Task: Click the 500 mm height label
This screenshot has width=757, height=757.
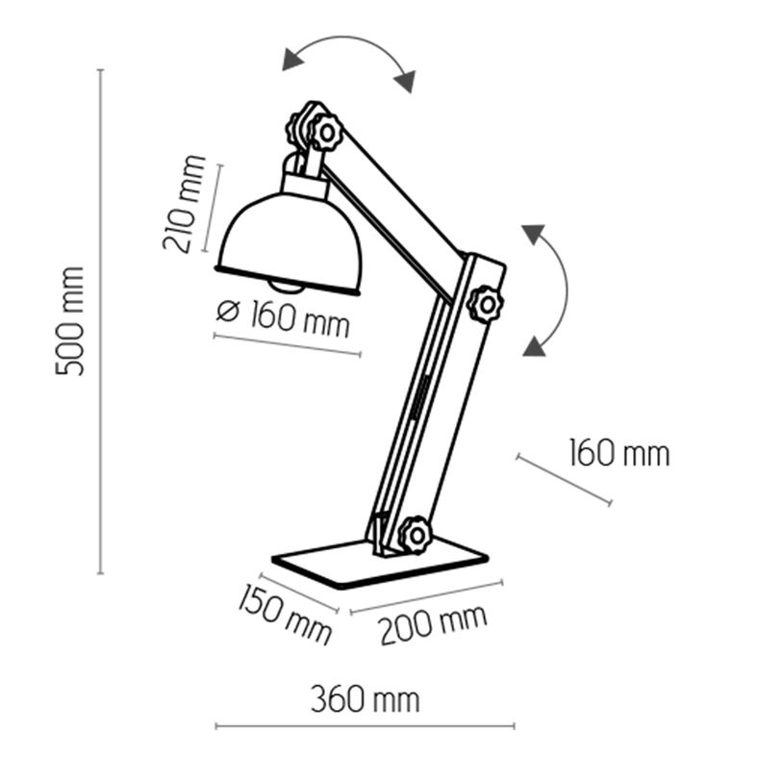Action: tap(70, 320)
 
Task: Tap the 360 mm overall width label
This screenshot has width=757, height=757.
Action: tap(365, 699)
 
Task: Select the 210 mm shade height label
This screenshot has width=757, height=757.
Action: tap(185, 204)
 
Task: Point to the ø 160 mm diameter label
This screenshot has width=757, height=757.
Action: tap(283, 317)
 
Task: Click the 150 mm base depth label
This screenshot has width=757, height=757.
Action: tap(285, 614)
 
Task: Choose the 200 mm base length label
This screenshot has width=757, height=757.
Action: tap(433, 624)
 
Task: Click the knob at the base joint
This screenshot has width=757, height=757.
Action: tap(415, 535)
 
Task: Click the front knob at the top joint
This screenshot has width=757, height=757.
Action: tap(325, 132)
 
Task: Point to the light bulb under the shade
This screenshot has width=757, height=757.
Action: tap(288, 288)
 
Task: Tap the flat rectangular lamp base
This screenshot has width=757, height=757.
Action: tap(380, 562)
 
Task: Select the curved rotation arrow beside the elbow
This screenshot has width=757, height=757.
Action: tap(554, 290)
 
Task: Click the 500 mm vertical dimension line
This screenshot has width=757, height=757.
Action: tap(100, 321)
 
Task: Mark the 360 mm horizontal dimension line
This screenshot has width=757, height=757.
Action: tap(365, 725)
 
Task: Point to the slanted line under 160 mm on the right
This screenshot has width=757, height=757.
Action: tap(564, 480)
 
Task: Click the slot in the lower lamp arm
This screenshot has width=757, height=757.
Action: tap(419, 398)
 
